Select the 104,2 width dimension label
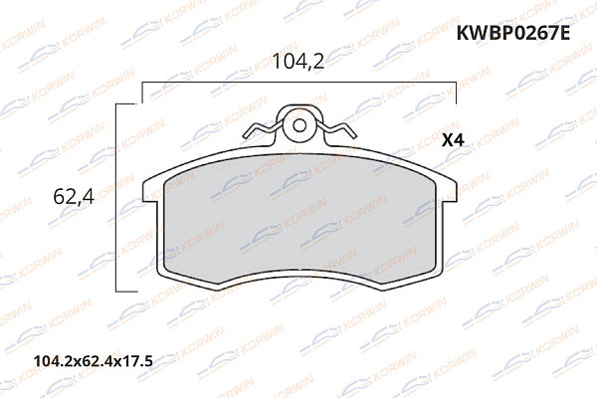[x=298, y=62]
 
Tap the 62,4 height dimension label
[x=72, y=197]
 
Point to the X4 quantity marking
[x=453, y=140]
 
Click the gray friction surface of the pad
[x=298, y=219]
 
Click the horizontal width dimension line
[x=298, y=85]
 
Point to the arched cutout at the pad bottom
[x=298, y=276]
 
